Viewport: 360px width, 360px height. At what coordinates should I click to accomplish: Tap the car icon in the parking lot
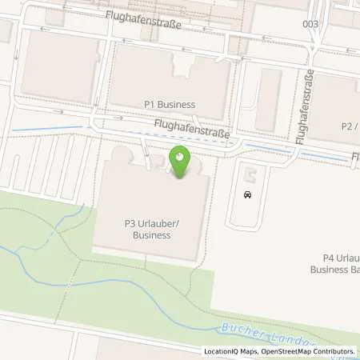click(x=248, y=194)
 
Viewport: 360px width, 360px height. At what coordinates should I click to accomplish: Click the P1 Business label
click(x=170, y=104)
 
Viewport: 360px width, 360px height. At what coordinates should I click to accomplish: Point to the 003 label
click(x=310, y=24)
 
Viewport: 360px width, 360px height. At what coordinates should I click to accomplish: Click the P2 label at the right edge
click(x=348, y=126)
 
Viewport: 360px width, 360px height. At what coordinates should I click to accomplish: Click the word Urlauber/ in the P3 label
click(x=142, y=225)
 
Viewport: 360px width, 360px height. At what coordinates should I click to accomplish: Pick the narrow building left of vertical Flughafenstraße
click(x=268, y=99)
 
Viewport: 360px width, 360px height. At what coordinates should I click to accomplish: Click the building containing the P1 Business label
click(x=170, y=80)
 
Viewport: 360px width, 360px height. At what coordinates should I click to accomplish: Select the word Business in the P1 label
click(x=176, y=104)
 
